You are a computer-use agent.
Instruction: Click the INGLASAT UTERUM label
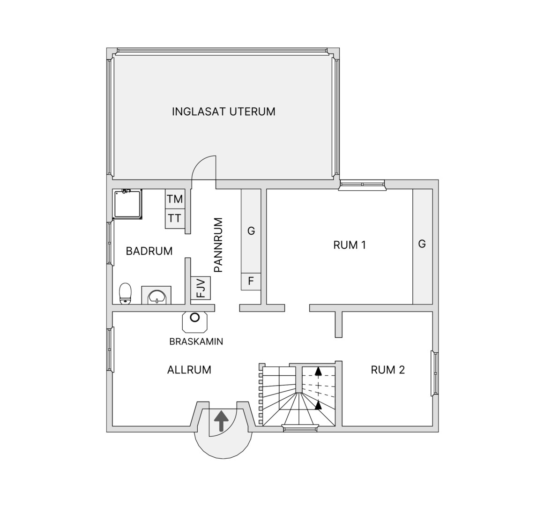click(224, 112)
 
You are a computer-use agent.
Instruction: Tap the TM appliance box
click(174, 199)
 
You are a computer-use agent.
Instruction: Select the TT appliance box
click(174, 219)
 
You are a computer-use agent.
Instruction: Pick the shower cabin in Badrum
click(127, 204)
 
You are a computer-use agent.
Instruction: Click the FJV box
click(201, 288)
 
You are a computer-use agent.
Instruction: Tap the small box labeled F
click(251, 281)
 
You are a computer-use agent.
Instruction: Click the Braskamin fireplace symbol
click(195, 321)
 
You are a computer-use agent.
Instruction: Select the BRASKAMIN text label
click(196, 342)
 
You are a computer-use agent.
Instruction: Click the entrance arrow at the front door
click(221, 421)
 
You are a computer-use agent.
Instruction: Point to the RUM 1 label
click(350, 245)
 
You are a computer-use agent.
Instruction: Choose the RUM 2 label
click(388, 370)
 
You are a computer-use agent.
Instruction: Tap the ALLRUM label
click(189, 370)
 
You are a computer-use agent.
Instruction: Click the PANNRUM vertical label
click(218, 245)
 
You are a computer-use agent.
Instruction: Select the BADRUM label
click(149, 251)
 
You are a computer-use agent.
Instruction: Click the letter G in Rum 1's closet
click(422, 244)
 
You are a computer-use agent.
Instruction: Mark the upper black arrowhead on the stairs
click(318, 372)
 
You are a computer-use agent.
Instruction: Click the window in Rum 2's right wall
click(435, 373)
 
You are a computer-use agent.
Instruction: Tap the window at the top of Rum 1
click(362, 185)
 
